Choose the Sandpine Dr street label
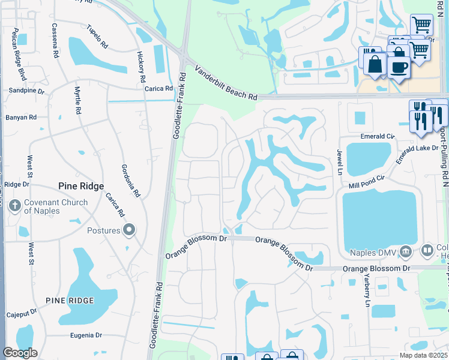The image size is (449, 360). point(26,91)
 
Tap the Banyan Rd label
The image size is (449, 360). point(21,118)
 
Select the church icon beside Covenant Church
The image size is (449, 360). point(15,206)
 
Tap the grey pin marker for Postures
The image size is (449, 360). point(128,230)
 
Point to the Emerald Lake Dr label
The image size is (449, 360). point(417,150)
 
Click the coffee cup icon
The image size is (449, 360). point(398,67)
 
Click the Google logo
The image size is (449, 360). point(20,352)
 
